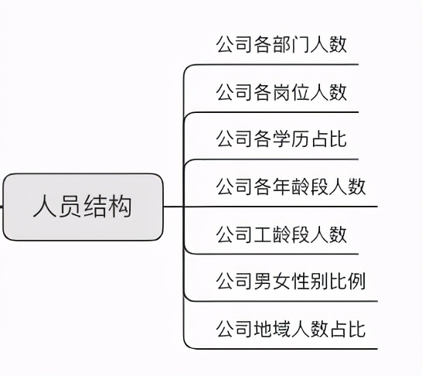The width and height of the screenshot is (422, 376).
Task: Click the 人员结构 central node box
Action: click(83, 207)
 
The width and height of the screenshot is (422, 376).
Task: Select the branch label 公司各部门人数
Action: click(281, 44)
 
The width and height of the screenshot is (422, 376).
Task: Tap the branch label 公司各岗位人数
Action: click(281, 93)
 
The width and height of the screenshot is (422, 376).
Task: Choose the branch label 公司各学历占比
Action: click(281, 139)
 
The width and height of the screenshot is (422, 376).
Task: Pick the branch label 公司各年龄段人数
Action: click(291, 186)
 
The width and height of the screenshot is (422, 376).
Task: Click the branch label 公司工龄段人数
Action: click(281, 234)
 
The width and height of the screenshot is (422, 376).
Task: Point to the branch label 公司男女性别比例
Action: click(291, 281)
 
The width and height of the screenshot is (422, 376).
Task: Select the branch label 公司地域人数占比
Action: click(291, 330)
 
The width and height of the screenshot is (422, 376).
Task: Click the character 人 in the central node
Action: click(44, 207)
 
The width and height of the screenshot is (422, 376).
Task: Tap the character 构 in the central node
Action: click(120, 207)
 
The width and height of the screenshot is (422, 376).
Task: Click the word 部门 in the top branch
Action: click(291, 44)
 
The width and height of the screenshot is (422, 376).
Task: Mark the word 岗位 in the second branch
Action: click(291, 93)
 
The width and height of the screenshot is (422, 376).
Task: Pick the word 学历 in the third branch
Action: click(291, 139)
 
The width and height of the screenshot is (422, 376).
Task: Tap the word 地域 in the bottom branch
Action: click(272, 330)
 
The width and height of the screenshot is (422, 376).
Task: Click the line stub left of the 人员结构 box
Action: click(2, 207)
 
